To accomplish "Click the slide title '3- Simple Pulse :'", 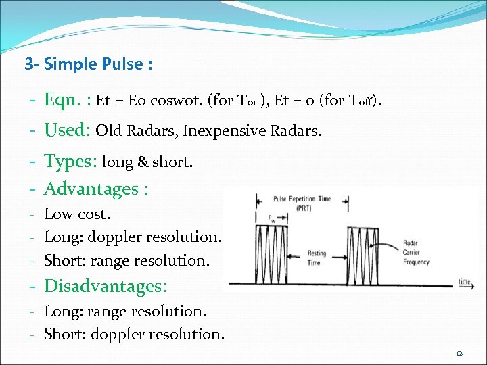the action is tap(88, 65).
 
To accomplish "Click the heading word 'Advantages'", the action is tap(91, 189).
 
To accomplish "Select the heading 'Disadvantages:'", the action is tap(105, 286).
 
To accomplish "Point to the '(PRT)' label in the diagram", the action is tap(302, 208).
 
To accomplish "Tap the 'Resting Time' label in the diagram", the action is tap(316, 258).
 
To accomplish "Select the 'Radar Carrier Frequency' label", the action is tap(416, 251).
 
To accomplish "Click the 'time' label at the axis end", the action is tap(465, 281).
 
